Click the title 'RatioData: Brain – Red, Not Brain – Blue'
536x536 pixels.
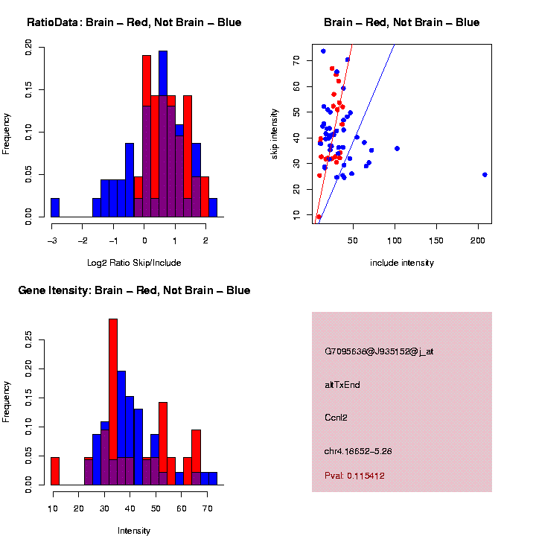tap(134, 22)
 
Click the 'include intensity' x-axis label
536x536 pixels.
tap(401, 263)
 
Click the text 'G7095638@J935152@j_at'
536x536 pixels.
tap(378, 351)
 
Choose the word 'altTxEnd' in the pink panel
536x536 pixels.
tap(342, 385)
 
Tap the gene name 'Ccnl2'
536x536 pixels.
tap(336, 418)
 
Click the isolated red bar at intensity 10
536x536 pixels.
tap(55, 471)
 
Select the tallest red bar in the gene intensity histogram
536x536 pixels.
tap(113, 402)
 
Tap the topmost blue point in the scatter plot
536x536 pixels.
tap(323, 51)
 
